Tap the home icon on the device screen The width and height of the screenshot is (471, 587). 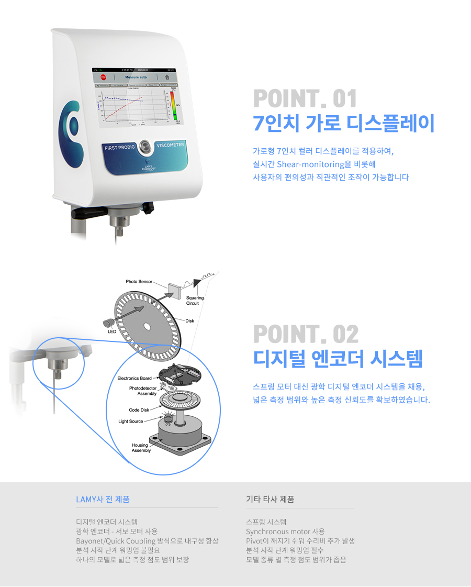click(167, 76)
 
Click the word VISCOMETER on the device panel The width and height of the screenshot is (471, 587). click(170, 144)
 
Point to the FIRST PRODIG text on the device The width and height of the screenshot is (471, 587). click(119, 147)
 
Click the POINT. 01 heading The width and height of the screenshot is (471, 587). click(305, 99)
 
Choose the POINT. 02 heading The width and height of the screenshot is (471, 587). click(306, 335)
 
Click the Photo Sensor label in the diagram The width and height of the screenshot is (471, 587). click(139, 282)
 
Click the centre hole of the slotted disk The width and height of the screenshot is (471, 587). click(147, 326)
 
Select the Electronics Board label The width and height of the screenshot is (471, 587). click(134, 378)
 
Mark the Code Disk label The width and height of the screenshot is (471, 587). click(139, 410)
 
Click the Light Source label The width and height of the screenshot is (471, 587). click(130, 421)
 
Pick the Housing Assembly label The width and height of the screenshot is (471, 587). click(141, 448)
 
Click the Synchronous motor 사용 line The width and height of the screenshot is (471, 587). click(285, 531)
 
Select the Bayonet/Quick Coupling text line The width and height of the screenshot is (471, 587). click(147, 541)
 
